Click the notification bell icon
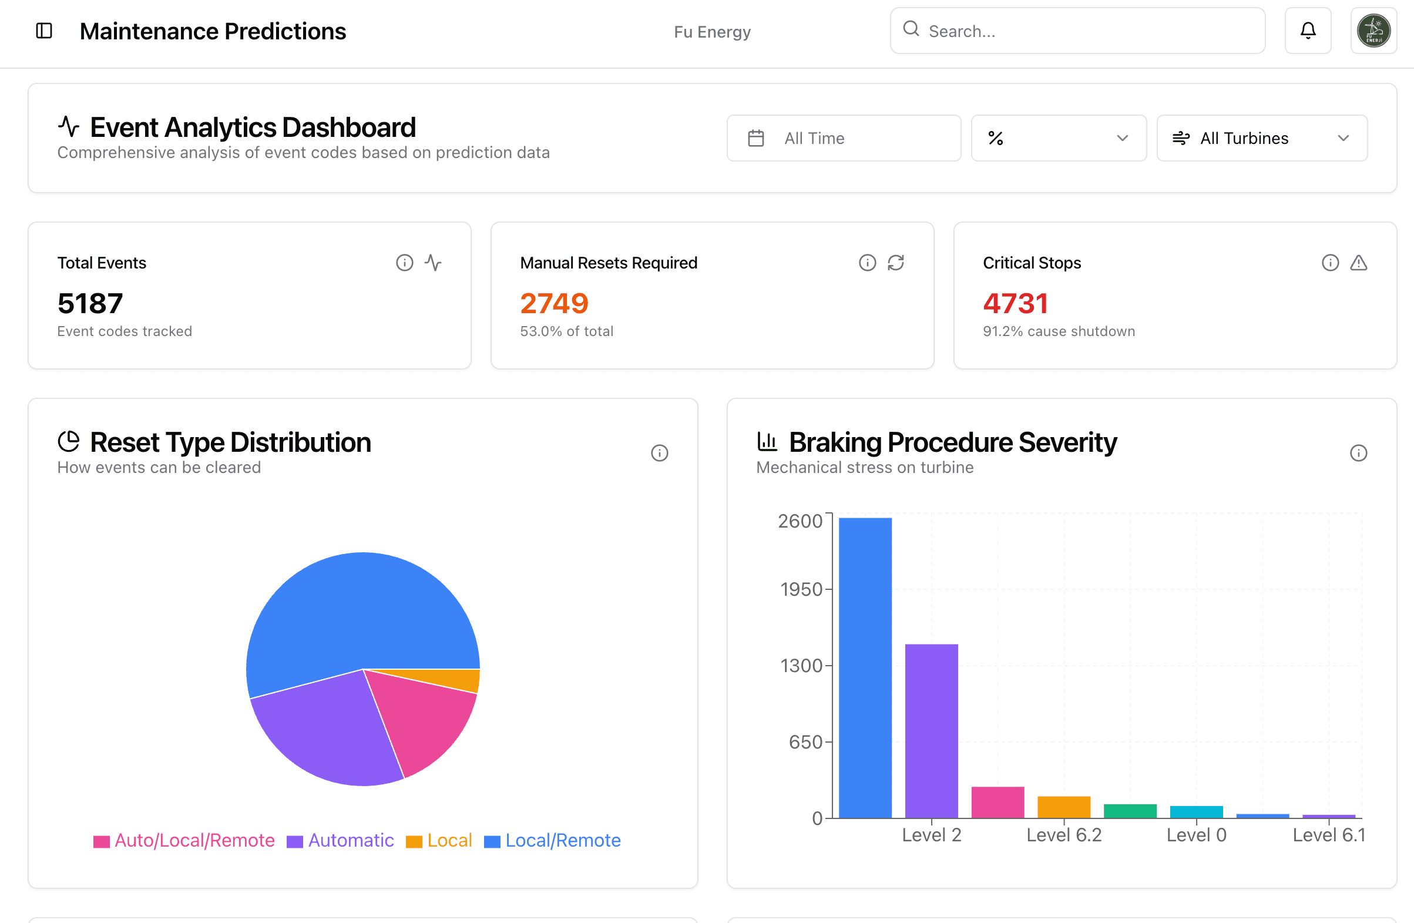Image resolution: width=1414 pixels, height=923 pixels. pos(1308,31)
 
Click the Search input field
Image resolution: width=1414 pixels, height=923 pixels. pos(1077,31)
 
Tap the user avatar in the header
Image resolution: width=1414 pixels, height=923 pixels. pos(1373,31)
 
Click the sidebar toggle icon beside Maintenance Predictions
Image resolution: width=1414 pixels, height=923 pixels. pos(44,31)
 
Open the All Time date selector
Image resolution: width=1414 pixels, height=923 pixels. pos(844,138)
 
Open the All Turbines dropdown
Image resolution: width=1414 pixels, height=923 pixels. pos(1262,138)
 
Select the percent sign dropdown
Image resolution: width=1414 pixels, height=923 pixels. pos(1059,138)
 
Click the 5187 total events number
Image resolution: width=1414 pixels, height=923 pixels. pos(90,303)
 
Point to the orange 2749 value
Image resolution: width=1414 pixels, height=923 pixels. pos(555,303)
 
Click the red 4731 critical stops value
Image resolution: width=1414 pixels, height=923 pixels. pos(1015,303)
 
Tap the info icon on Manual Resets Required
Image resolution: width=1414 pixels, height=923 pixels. pos(868,263)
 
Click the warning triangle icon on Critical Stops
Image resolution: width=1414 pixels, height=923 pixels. pos(1359,263)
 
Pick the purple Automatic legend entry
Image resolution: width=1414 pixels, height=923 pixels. pos(341,840)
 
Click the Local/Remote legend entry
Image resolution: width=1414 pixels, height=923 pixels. pos(553,840)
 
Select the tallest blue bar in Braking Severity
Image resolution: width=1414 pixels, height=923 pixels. pos(865,668)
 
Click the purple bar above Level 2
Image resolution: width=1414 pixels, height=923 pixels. pos(932,731)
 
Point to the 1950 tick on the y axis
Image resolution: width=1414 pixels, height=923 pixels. pos(801,589)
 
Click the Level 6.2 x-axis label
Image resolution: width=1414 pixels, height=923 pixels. pos(1064,835)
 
